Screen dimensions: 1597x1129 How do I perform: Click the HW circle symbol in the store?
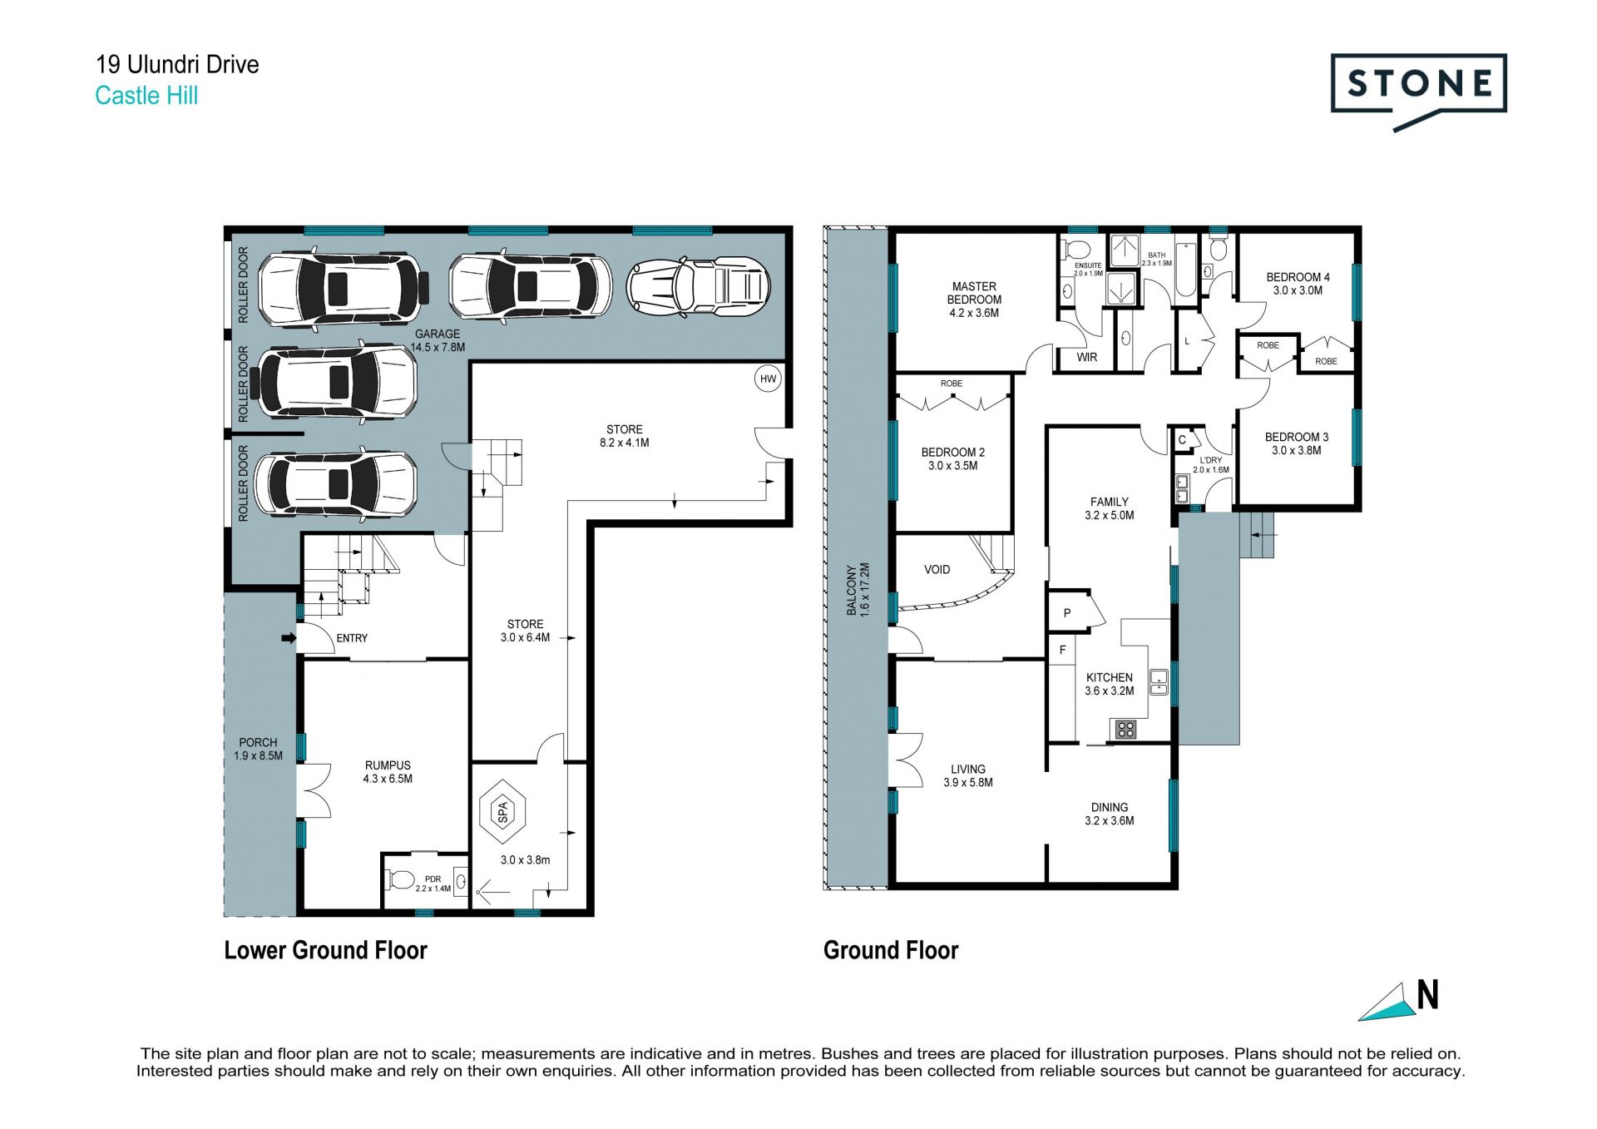click(x=768, y=379)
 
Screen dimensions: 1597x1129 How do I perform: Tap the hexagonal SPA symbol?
click(x=502, y=811)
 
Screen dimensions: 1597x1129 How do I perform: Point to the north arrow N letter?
click(x=1427, y=995)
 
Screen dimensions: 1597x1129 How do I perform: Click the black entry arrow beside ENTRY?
click(x=289, y=638)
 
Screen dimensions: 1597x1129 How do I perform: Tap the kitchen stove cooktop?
click(x=1125, y=730)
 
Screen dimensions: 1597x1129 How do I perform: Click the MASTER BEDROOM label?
click(x=974, y=293)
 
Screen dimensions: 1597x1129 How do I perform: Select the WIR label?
click(x=1087, y=357)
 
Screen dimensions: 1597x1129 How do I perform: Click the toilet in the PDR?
click(x=401, y=879)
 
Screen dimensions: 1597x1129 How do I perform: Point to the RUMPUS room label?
click(x=388, y=765)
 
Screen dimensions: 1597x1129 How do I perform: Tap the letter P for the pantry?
click(x=1067, y=613)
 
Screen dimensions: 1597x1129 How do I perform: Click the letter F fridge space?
click(x=1062, y=650)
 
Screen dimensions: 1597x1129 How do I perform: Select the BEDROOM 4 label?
click(x=1298, y=277)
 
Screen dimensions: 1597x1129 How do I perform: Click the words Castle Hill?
click(x=146, y=96)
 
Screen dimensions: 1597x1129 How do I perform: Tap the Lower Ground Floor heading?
click(x=325, y=950)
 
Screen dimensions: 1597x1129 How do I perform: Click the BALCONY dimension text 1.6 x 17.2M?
click(x=864, y=589)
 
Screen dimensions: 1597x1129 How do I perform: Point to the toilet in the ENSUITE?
click(x=1078, y=249)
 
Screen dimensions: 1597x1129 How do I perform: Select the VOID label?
click(x=937, y=570)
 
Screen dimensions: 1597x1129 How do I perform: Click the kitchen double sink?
click(x=1159, y=681)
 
